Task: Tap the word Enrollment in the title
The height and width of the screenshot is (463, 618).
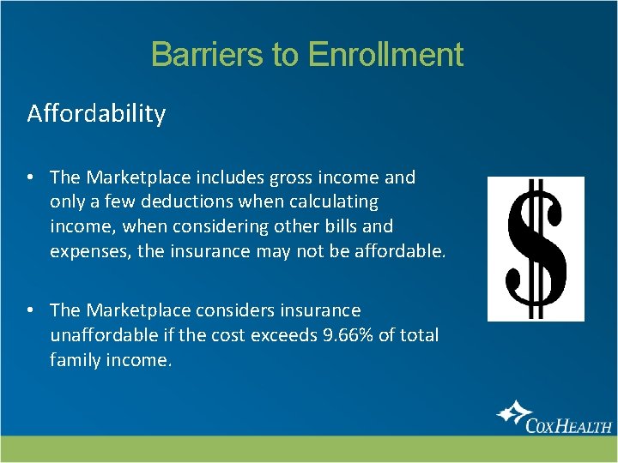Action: pos(385,55)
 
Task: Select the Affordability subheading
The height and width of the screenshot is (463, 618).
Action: pos(96,113)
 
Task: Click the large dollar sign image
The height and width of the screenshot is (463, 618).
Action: pos(536,249)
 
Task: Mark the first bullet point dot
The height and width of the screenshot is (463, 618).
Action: pos(30,177)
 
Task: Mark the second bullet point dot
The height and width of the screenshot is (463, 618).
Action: pos(30,310)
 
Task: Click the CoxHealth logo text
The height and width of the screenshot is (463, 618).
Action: pos(569,423)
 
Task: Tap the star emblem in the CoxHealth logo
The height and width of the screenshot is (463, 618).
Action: pos(512,412)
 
